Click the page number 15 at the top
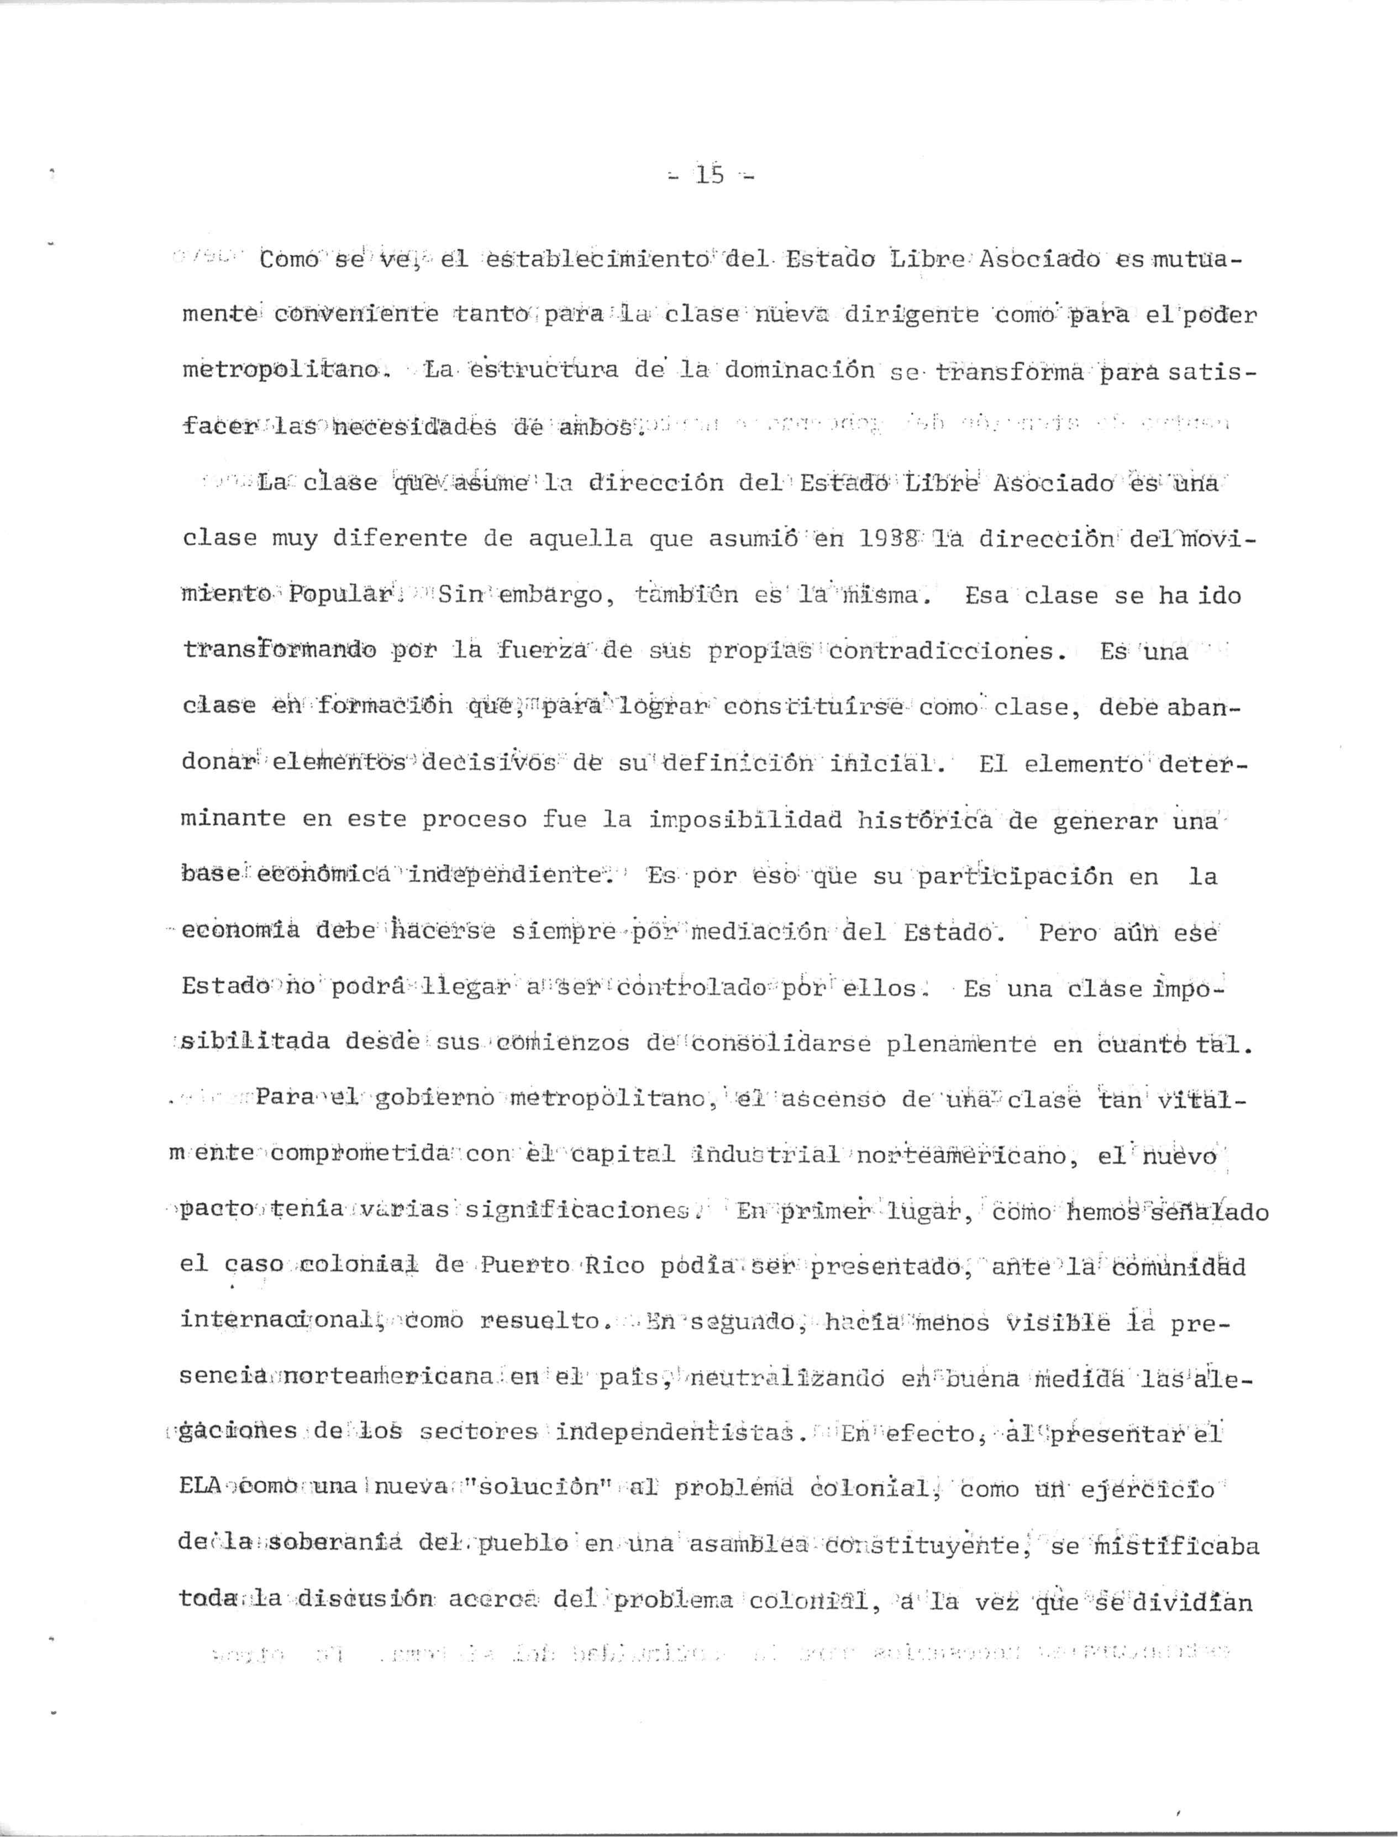click(x=710, y=176)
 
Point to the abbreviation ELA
click(x=199, y=1489)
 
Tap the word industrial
click(x=767, y=1156)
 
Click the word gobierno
click(x=435, y=1100)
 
